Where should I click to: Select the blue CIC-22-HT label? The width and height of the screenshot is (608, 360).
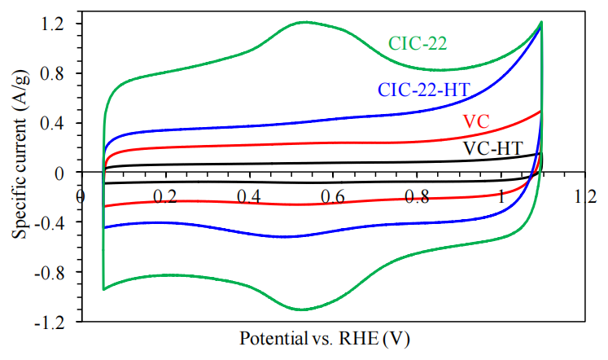click(x=423, y=90)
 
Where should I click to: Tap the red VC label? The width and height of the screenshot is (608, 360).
click(x=477, y=121)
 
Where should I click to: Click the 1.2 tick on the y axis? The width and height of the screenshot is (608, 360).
click(x=51, y=24)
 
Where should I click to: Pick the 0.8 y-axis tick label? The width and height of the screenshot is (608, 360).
click(x=51, y=74)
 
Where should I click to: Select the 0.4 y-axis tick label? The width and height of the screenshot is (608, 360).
click(x=51, y=124)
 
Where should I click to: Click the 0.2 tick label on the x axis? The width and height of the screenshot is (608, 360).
click(x=165, y=196)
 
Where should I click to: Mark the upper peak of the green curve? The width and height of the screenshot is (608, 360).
click(x=304, y=22)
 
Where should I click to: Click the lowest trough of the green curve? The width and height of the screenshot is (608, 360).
click(x=302, y=310)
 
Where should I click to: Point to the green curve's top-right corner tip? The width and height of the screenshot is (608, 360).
click(x=540, y=23)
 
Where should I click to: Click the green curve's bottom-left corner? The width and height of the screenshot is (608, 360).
click(x=103, y=289)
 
